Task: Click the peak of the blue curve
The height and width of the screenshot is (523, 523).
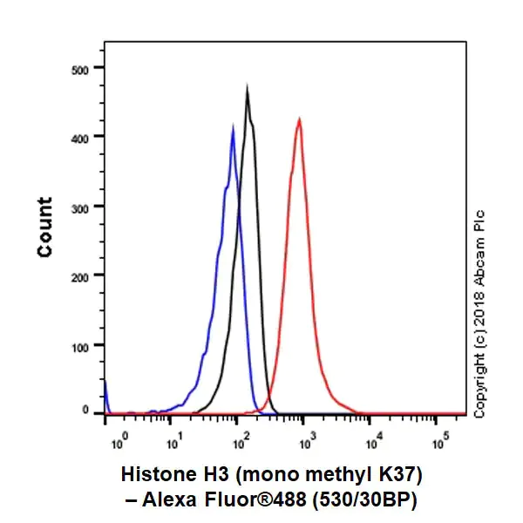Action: pyautogui.click(x=233, y=127)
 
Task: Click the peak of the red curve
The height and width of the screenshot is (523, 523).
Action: pyautogui.click(x=299, y=119)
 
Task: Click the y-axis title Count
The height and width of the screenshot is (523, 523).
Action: pyautogui.click(x=44, y=228)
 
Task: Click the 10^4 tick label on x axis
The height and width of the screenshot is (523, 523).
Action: pyautogui.click(x=372, y=434)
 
